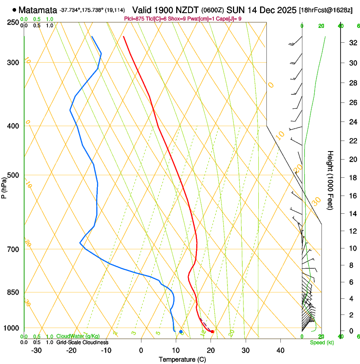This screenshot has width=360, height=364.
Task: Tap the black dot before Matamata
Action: (x=14, y=10)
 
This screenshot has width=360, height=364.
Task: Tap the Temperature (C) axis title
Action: (x=182, y=359)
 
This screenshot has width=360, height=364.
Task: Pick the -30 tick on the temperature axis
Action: (x=36, y=350)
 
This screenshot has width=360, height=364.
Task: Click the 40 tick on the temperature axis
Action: (x=280, y=350)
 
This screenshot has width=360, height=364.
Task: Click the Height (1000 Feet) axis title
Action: (x=330, y=180)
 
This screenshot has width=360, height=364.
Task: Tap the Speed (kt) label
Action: (x=321, y=342)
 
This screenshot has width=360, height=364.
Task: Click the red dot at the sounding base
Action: (x=212, y=331)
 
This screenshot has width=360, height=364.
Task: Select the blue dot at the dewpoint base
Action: (x=181, y=331)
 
